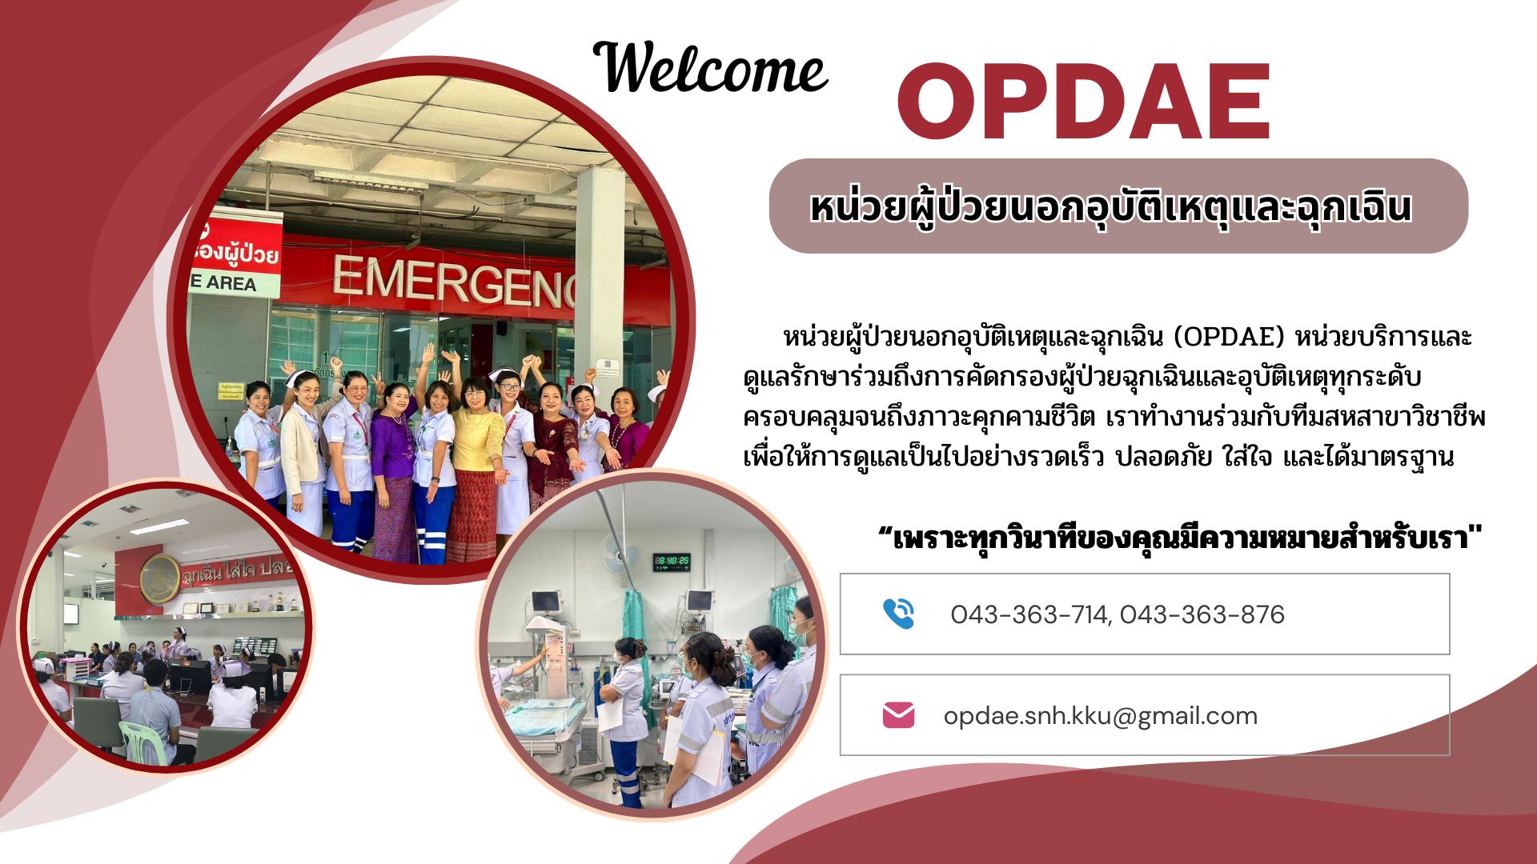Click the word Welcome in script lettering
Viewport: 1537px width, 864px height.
pyautogui.click(x=711, y=68)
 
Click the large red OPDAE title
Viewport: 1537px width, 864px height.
pyautogui.click(x=1085, y=102)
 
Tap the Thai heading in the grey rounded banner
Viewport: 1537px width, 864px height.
pyautogui.click(x=1110, y=206)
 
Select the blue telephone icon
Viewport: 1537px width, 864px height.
pyautogui.click(x=898, y=614)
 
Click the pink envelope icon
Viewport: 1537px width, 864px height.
pyautogui.click(x=898, y=715)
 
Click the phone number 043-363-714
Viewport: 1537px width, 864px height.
pyautogui.click(x=1029, y=614)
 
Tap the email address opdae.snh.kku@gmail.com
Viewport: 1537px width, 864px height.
pyautogui.click(x=1101, y=715)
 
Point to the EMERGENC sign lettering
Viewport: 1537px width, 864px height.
pyautogui.click(x=454, y=282)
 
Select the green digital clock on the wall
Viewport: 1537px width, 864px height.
pyautogui.click(x=672, y=562)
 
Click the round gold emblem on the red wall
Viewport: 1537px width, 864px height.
pyautogui.click(x=160, y=578)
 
